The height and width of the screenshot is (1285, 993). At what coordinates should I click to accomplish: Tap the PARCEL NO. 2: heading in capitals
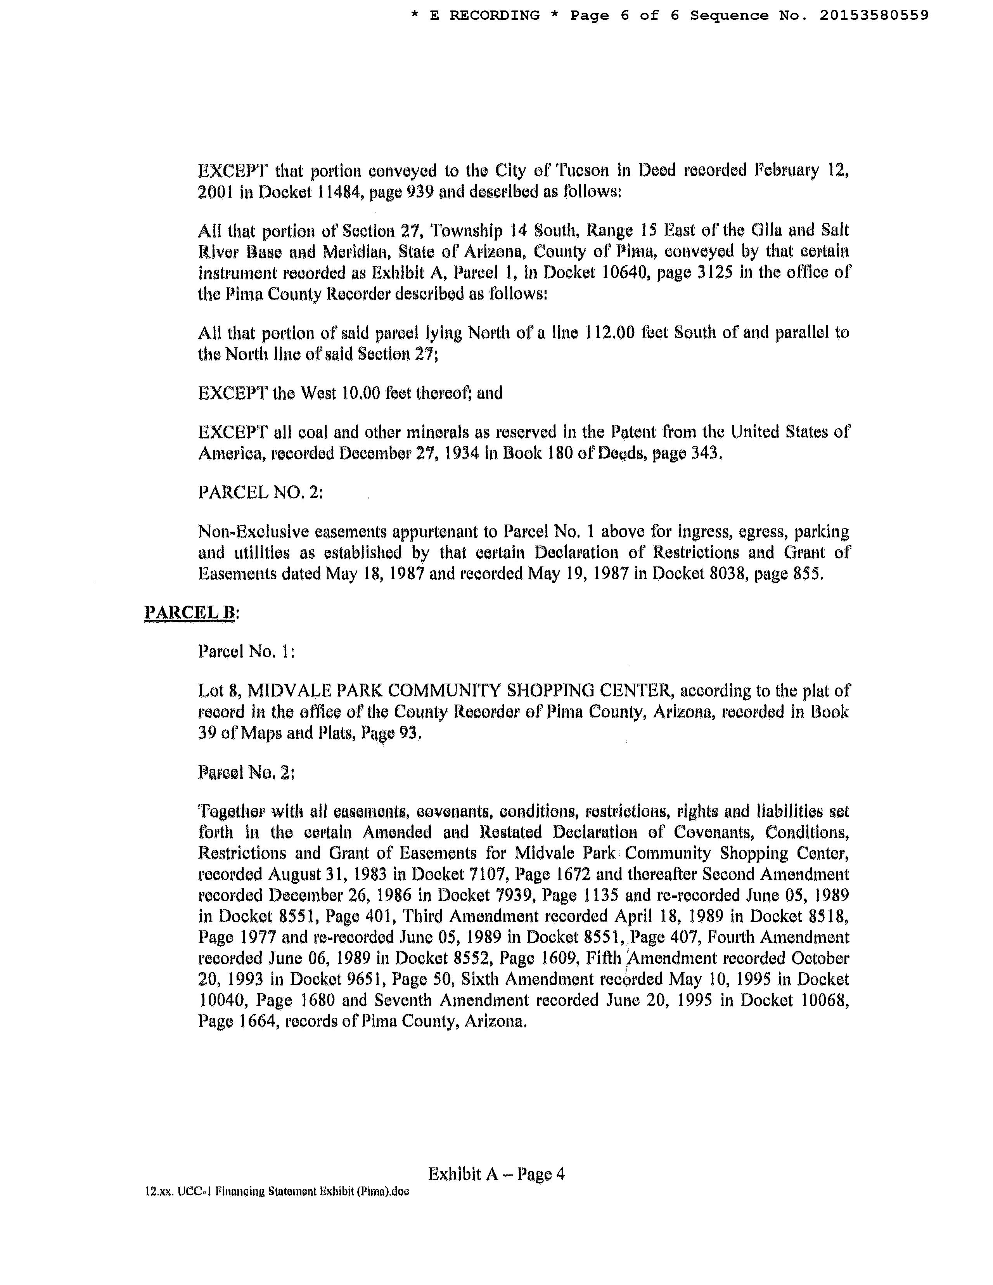(x=260, y=492)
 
